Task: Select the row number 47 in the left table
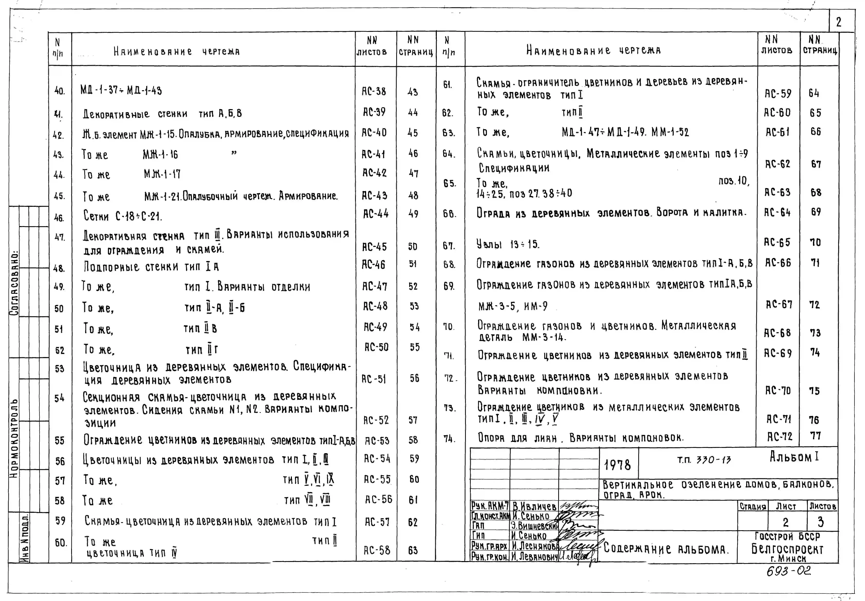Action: point(59,237)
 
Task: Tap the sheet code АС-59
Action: point(778,93)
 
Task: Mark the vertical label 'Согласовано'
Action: point(14,282)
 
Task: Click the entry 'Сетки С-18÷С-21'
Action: point(122,216)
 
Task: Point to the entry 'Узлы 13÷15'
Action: point(508,244)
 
